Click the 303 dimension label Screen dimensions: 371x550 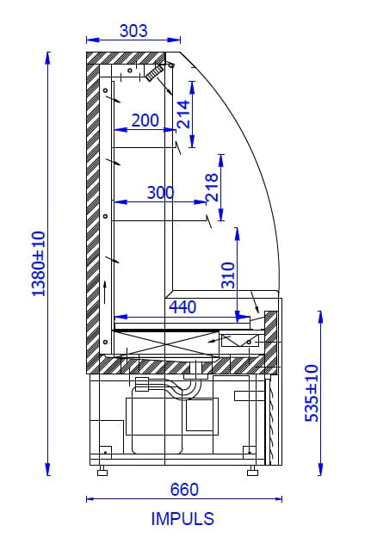click(x=133, y=31)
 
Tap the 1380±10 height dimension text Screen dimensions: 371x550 click(x=39, y=263)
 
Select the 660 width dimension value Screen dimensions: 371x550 click(x=184, y=489)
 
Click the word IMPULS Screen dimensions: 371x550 click(x=182, y=519)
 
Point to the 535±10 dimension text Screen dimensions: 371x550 click(x=312, y=393)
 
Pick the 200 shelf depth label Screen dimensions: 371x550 click(x=145, y=121)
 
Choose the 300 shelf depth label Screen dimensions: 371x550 click(x=160, y=193)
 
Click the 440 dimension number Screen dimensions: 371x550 click(x=182, y=307)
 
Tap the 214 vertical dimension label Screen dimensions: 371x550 click(x=183, y=114)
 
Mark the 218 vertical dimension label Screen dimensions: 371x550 click(x=212, y=188)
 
